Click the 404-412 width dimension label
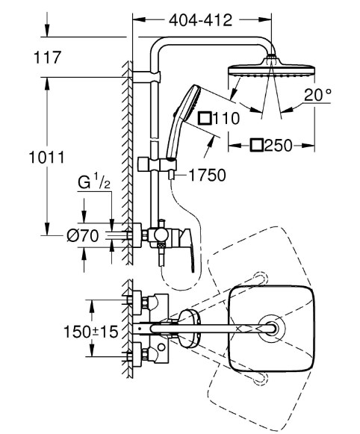(201, 20)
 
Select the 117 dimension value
(47, 58)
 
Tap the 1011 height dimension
(47, 157)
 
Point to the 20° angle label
(317, 95)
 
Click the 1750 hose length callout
(207, 176)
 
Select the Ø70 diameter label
(83, 236)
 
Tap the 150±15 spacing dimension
(91, 332)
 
